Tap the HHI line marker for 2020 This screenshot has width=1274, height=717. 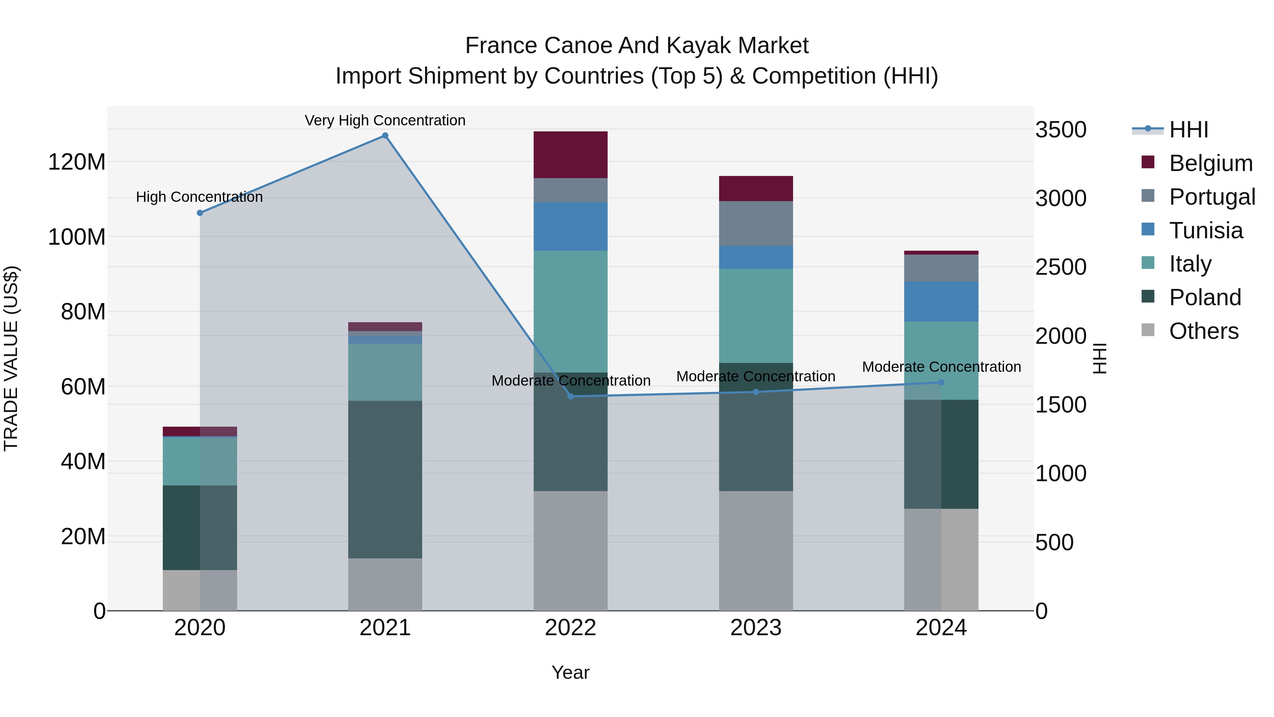pyautogui.click(x=200, y=213)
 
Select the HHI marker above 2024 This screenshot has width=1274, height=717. pyautogui.click(x=941, y=382)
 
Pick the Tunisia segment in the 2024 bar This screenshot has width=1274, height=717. pyautogui.click(x=941, y=301)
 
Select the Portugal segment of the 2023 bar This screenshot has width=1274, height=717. pyautogui.click(x=755, y=223)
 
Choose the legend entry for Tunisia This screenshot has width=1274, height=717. pyautogui.click(x=1205, y=231)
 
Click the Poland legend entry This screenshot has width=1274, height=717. pyautogui.click(x=1204, y=297)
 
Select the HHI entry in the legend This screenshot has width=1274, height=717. pyautogui.click(x=1188, y=130)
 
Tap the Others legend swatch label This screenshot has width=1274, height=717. pyautogui.click(x=1203, y=331)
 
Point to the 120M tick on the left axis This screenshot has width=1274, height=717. pyautogui.click(x=77, y=162)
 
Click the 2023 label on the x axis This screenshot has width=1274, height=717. pyautogui.click(x=755, y=627)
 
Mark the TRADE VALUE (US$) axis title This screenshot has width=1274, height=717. pyautogui.click(x=11, y=358)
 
